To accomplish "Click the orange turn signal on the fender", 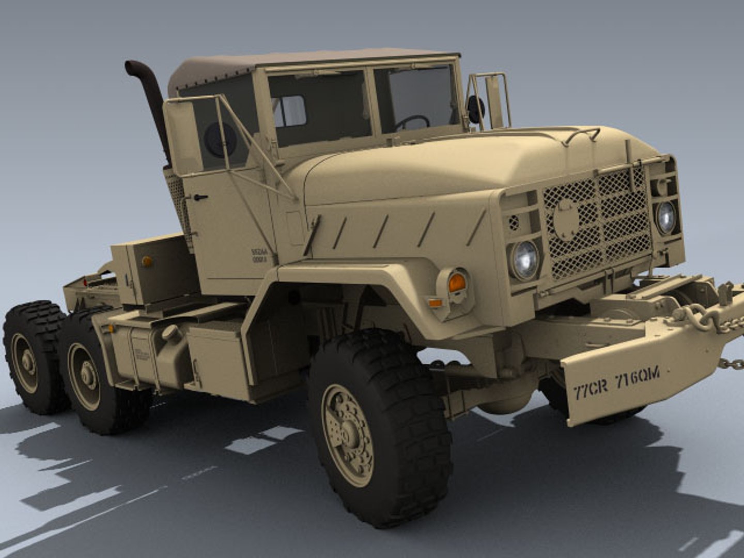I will pyautogui.click(x=457, y=283).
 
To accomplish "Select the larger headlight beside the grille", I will pyautogui.click(x=525, y=260).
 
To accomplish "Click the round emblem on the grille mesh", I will pyautogui.click(x=567, y=219).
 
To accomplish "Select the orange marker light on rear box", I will pyautogui.click(x=147, y=261).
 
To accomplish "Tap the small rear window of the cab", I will pyautogui.click(x=289, y=111).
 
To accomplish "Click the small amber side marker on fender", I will pyautogui.click(x=436, y=303).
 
